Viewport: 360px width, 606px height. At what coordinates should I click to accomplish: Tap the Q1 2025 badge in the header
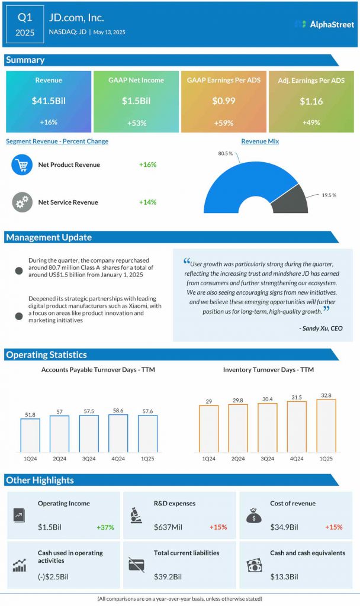pos(25,24)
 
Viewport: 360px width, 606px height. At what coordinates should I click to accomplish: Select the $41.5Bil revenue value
pos(49,101)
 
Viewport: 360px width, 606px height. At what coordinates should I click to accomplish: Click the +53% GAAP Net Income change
pos(136,123)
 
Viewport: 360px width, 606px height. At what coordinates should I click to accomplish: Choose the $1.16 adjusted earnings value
pos(311,101)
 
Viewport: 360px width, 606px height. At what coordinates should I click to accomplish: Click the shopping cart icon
pos(22,165)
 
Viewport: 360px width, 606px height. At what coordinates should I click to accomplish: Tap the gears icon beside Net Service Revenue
pos(22,202)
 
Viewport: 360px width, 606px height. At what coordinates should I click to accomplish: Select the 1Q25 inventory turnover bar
pos(326,426)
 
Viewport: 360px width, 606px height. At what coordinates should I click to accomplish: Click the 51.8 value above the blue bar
pos(30,414)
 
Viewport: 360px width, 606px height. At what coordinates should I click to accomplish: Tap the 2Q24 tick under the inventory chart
pos(237,459)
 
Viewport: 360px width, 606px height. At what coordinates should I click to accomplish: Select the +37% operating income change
pos(105,527)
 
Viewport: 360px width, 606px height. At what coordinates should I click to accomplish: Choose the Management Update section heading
pos(49,237)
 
